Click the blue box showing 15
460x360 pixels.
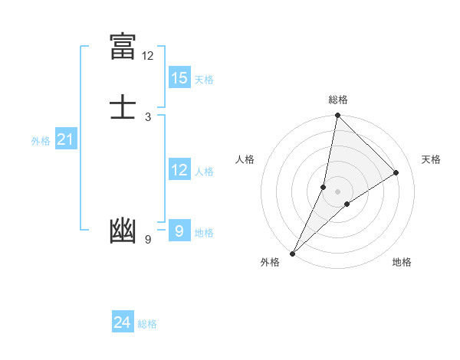pyautogui.click(x=179, y=78)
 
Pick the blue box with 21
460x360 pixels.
pyautogui.click(x=66, y=139)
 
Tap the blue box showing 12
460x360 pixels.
pyautogui.click(x=179, y=170)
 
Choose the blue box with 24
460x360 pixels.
pyautogui.click(x=123, y=322)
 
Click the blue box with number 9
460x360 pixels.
pyautogui.click(x=179, y=231)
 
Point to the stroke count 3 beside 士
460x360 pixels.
pyautogui.click(x=147, y=117)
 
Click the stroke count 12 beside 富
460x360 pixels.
pyautogui.click(x=148, y=56)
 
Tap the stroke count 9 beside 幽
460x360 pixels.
pyautogui.click(x=147, y=240)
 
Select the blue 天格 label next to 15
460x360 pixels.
pyautogui.click(x=204, y=80)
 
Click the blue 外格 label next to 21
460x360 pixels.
pyautogui.click(x=41, y=141)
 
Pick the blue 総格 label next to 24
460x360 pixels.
pyautogui.click(x=147, y=324)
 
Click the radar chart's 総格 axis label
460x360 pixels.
pyautogui.click(x=338, y=100)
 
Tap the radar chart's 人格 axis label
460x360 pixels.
pyautogui.click(x=245, y=159)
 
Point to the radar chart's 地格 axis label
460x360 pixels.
pyautogui.click(x=402, y=262)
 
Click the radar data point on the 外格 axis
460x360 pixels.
pyautogui.click(x=292, y=253)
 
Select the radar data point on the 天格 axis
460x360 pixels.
pyautogui.click(x=396, y=172)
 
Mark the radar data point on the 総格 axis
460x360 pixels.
pyautogui.click(x=337, y=115)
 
